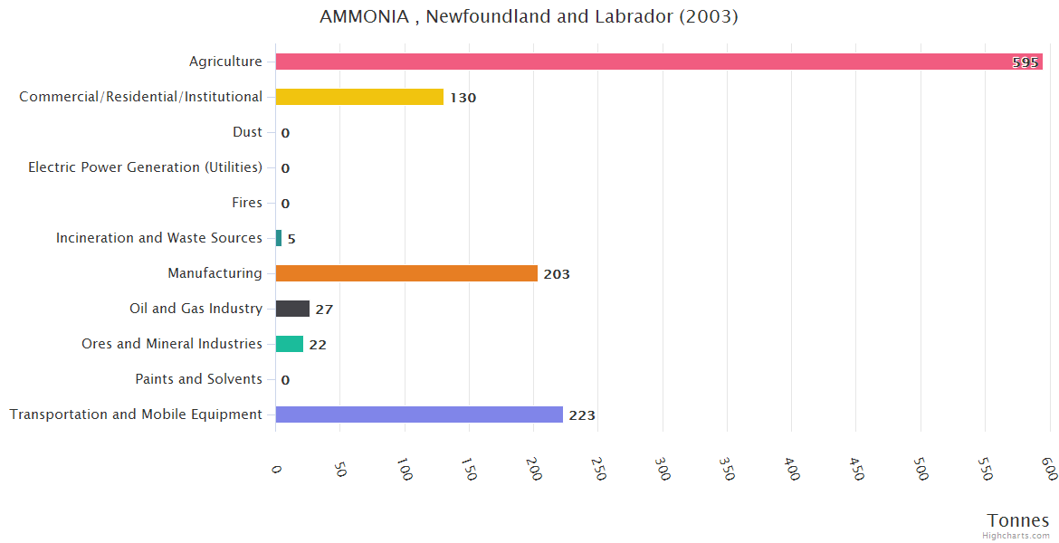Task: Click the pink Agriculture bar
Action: point(634,62)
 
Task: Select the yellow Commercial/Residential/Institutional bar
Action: point(359,97)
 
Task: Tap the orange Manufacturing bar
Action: point(406,273)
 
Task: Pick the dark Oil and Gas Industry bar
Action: point(292,309)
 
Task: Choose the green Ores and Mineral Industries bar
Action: point(290,344)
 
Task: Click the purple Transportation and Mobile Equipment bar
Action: point(419,414)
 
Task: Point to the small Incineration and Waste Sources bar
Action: point(279,238)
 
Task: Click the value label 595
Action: point(1025,62)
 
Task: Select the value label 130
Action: point(463,98)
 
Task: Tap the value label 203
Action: point(557,274)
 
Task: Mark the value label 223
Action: point(582,415)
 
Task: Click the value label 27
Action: point(324,310)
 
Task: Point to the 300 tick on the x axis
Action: point(663,470)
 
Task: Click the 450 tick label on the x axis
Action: point(856,470)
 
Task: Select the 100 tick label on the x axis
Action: point(405,470)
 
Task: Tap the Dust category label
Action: point(247,132)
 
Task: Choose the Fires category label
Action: point(247,203)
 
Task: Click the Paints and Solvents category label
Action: point(199,379)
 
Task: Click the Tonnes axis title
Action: point(1017,520)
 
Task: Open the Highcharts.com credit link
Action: point(1016,536)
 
